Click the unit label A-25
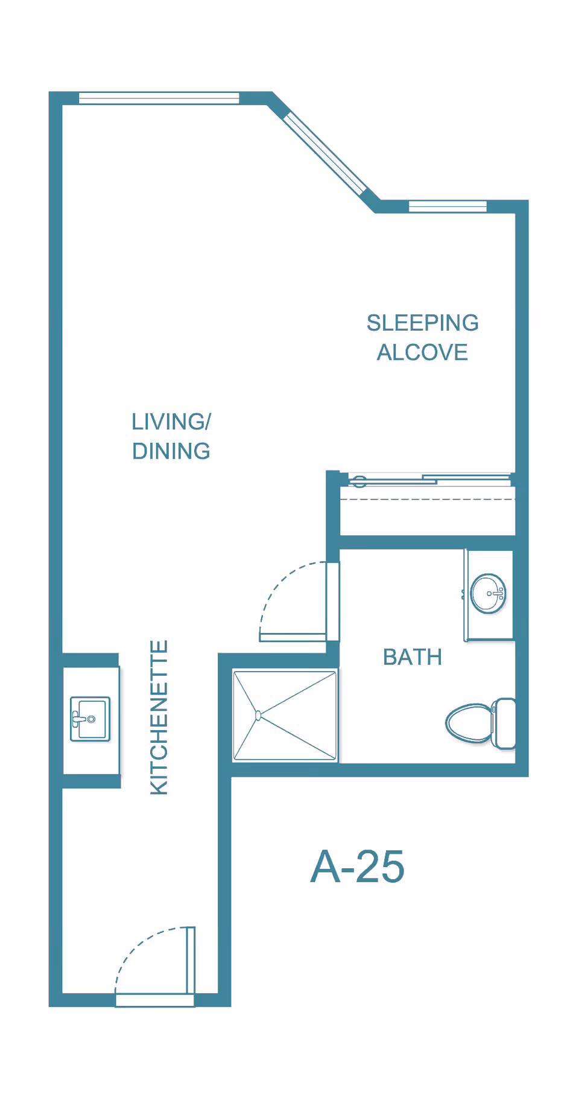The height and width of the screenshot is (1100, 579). coord(357,867)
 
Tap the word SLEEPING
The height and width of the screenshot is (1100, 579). coord(423,323)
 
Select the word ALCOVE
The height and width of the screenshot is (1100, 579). coord(422,352)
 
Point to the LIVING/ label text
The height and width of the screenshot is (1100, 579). coord(171,421)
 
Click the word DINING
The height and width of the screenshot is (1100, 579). coord(171,451)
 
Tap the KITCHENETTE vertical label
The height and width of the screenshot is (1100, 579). coord(159,717)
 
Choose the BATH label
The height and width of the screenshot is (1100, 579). coord(413,657)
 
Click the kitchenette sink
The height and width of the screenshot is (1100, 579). coord(90,719)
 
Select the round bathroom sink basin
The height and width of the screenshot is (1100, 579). coord(488,594)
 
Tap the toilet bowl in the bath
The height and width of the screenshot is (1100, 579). coord(469,722)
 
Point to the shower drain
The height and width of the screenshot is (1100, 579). coord(258,716)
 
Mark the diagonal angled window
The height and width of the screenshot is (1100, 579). coord(325,153)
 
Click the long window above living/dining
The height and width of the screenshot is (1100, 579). coord(159,98)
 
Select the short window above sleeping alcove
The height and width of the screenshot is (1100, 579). coord(448,206)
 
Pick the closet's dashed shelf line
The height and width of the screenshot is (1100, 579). coord(428,500)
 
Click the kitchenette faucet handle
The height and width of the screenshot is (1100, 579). coord(78,719)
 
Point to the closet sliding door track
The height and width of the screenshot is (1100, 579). coord(427,480)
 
